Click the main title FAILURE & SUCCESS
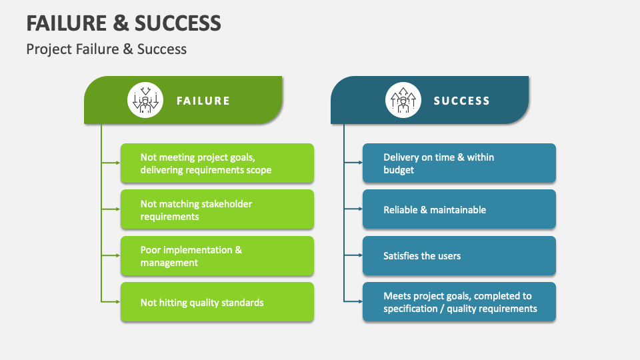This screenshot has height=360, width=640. pos(123,23)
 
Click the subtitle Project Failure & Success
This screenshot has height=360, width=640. pos(107,49)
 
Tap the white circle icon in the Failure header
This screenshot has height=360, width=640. pos(145,101)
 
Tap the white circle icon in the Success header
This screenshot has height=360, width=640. pos(404,101)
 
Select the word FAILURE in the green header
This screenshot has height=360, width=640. pos(203,101)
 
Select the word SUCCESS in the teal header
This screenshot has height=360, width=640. pos(462,101)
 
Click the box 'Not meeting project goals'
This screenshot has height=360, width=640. pos(217,163)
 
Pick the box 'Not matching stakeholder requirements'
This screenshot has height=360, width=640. pos(217,210)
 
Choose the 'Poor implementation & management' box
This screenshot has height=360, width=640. pos(217,256)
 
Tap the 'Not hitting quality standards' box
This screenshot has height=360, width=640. pos(217,302)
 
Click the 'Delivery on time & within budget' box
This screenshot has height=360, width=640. pos(459,163)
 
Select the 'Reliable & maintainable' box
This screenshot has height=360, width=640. pos(459,210)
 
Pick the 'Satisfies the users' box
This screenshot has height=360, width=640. pos(459,256)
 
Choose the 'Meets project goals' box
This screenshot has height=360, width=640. pos(459,302)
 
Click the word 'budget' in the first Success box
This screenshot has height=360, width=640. pos(399,170)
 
